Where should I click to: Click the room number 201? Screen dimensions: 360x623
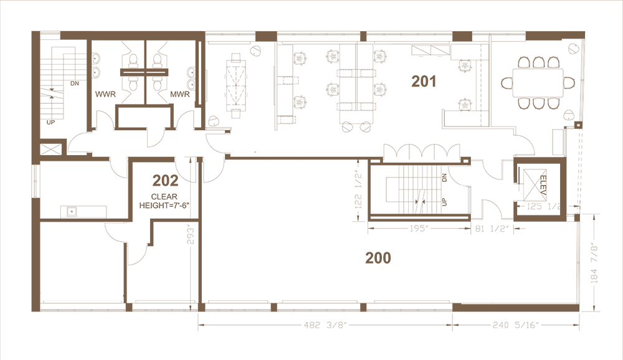click(x=424, y=82)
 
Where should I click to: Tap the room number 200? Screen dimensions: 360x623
click(x=378, y=258)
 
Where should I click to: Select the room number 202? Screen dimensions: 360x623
click(x=165, y=181)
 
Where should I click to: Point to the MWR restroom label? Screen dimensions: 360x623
click(x=180, y=95)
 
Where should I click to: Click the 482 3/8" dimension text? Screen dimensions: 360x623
click(x=325, y=325)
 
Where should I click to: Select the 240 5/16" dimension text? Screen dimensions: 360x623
click(x=514, y=325)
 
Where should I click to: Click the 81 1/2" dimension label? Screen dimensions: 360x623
click(x=492, y=229)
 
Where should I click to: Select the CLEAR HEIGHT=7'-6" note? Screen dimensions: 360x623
click(x=165, y=201)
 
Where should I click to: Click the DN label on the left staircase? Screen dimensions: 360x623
click(x=75, y=83)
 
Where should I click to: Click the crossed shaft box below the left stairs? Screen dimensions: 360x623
click(x=50, y=149)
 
